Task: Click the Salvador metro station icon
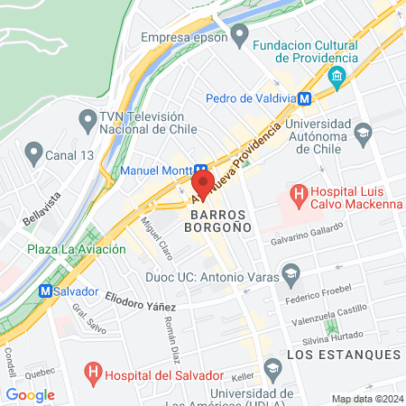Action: pyautogui.click(x=44, y=291)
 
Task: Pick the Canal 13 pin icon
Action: pyautogui.click(x=34, y=152)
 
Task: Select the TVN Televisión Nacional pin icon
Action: pyautogui.click(x=88, y=118)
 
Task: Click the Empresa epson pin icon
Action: pyautogui.click(x=239, y=37)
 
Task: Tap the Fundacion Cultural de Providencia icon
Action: pyautogui.click(x=338, y=75)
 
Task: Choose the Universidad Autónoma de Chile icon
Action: pyautogui.click(x=363, y=134)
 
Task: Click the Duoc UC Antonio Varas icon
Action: pyautogui.click(x=291, y=272)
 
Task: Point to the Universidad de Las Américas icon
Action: pyautogui.click(x=273, y=367)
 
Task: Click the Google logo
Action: pyautogui.click(x=30, y=394)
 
